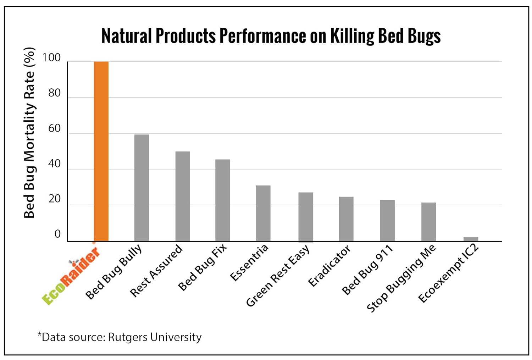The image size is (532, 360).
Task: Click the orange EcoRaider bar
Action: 101,151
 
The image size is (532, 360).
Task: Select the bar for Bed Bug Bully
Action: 142,188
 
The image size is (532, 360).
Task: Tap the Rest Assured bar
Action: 183,196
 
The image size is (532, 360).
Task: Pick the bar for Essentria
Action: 263,213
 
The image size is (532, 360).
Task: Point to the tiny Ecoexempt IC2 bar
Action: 471,239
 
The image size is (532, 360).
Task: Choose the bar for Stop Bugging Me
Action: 428,222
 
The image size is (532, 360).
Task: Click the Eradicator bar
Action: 346,219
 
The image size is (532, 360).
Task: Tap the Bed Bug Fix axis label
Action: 202,267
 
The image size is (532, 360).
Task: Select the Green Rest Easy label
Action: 278,275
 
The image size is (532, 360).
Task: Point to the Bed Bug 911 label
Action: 367,270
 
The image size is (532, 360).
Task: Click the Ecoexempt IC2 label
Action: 449,273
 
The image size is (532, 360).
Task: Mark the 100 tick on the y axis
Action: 51,57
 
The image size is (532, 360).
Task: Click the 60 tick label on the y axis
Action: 54,128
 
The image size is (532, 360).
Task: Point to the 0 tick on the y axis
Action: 57,234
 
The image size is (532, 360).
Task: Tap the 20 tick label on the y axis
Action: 54,199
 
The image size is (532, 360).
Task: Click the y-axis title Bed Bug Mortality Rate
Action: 29,133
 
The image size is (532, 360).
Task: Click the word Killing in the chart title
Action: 352,36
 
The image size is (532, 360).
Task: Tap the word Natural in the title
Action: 126,36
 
